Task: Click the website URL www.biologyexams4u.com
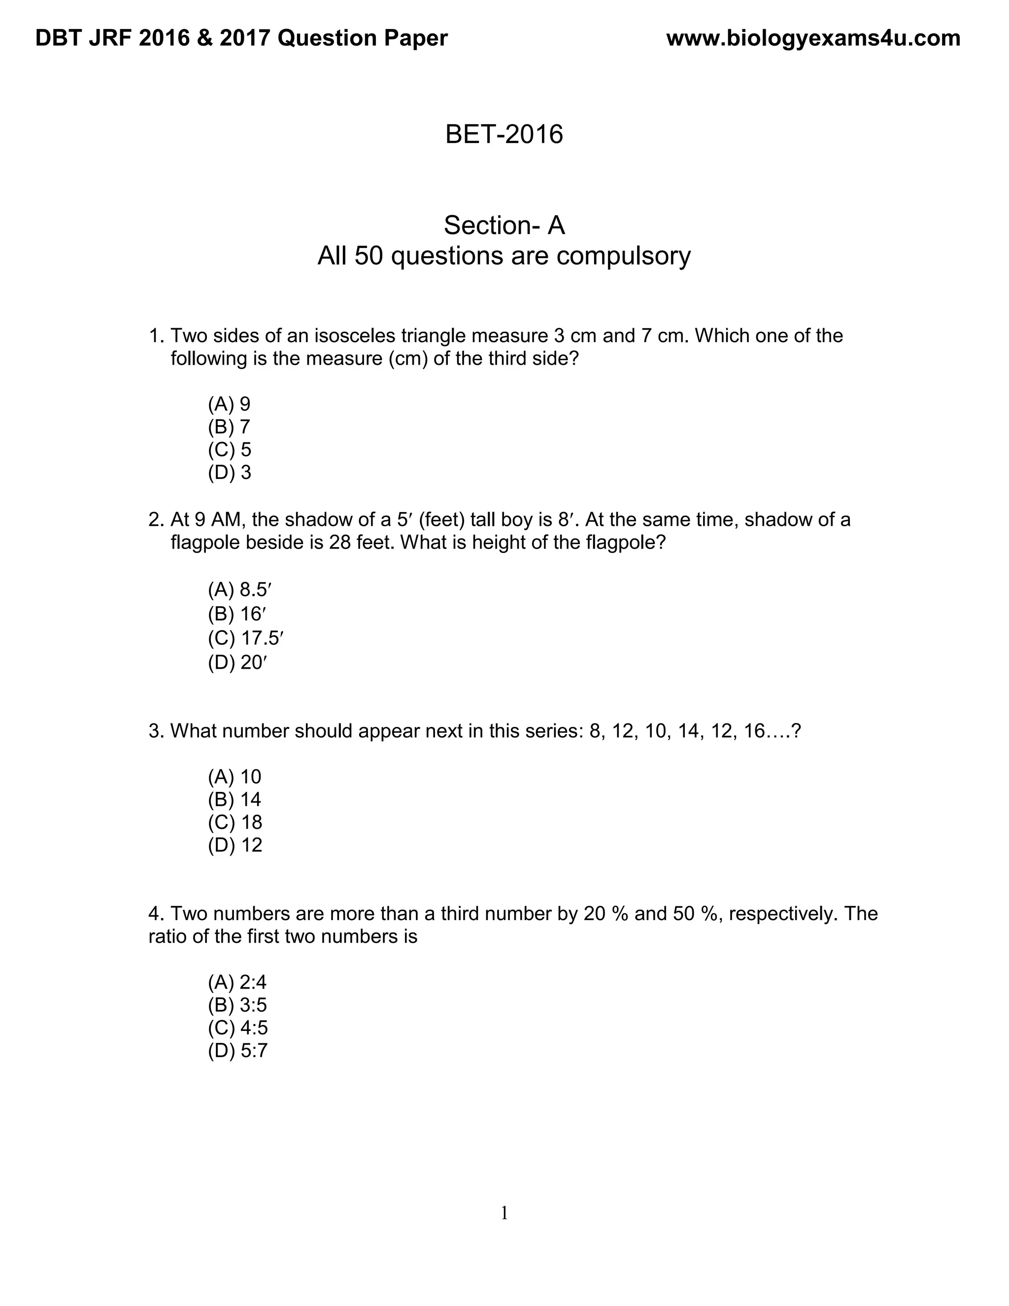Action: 813,38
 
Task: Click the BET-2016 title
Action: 504,134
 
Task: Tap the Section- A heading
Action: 504,225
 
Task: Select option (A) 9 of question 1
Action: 229,404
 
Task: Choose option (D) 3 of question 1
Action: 229,473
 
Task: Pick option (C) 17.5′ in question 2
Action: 244,639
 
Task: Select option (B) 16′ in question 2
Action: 236,614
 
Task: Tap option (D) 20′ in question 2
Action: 236,662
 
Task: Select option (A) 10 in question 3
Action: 235,777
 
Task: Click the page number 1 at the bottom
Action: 504,1213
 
